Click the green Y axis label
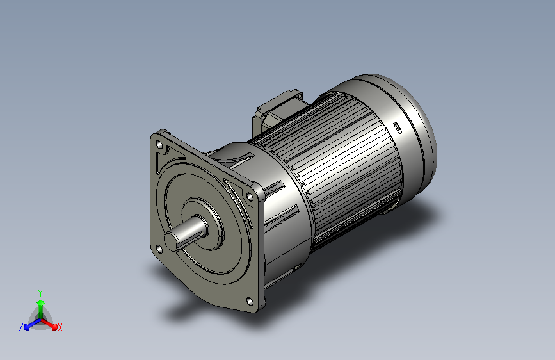[x=40, y=293]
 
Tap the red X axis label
[x=60, y=328]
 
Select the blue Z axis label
[x=21, y=327]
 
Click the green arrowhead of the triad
[x=41, y=302]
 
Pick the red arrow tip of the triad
[x=54, y=327]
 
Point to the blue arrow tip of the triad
[x=28, y=327]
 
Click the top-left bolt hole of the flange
[x=159, y=145]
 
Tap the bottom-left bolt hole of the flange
[x=159, y=250]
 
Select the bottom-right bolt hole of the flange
[x=250, y=302]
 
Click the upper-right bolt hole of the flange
[x=250, y=196]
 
